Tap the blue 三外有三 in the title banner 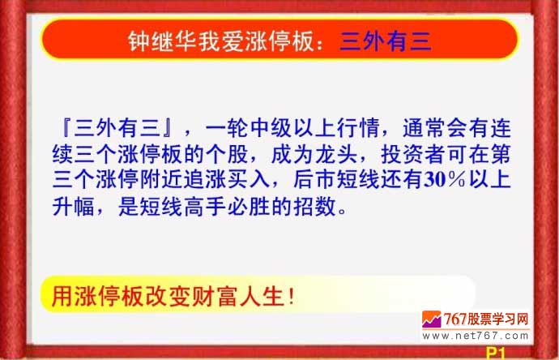[x=386, y=41]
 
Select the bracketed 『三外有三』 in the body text [x=117, y=128]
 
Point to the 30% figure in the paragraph [x=445, y=180]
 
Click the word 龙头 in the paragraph [x=336, y=155]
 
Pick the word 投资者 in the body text [x=413, y=155]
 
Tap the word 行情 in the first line [x=357, y=128]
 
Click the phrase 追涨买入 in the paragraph [x=227, y=180]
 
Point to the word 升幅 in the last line [x=74, y=206]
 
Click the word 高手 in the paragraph [x=205, y=206]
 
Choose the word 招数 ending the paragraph [x=315, y=206]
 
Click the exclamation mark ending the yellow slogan [x=292, y=297]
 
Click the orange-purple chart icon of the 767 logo [x=432, y=319]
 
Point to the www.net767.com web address [x=476, y=336]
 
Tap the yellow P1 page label [x=496, y=354]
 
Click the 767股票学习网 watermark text [x=486, y=319]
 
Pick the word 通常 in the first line [x=425, y=128]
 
